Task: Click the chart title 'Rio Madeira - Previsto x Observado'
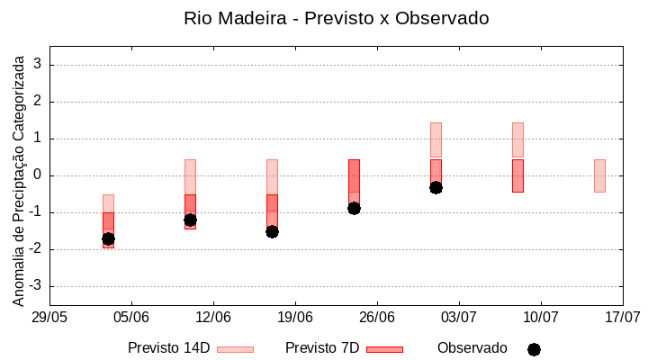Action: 336,18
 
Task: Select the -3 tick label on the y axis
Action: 36,286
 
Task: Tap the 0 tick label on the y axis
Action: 38,175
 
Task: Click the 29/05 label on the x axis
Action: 49,318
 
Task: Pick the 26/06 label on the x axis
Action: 377,318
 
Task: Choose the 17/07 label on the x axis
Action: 623,318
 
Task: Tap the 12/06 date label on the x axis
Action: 213,318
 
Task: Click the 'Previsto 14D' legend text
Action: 168,348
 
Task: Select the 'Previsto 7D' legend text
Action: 322,348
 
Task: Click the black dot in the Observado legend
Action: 534,349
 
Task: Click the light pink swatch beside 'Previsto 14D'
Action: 236,349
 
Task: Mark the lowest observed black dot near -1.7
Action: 108,238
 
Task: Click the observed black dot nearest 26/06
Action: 354,208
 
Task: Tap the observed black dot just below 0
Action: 436,187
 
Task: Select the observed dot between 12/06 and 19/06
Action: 272,231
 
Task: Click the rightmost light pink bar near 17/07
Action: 599,175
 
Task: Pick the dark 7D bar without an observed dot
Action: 517,175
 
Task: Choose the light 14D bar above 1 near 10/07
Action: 517,139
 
